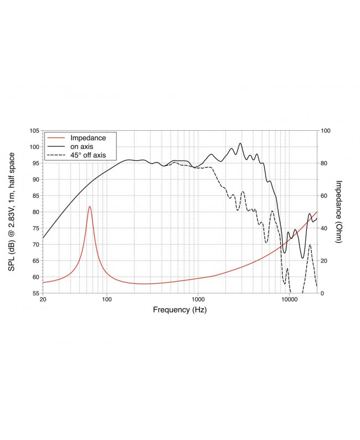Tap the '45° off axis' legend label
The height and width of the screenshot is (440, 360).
tap(88, 155)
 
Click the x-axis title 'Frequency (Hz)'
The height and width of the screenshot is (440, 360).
tap(179, 310)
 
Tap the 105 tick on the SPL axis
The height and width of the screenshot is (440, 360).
tap(34, 131)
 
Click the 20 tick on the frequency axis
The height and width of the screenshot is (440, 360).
tap(43, 300)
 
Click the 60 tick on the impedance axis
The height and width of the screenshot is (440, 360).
tap(325, 196)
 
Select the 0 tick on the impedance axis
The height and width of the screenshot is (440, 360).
tap(323, 293)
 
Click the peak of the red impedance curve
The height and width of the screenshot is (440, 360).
tap(90, 207)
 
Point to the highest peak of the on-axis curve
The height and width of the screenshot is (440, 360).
tap(240, 143)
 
